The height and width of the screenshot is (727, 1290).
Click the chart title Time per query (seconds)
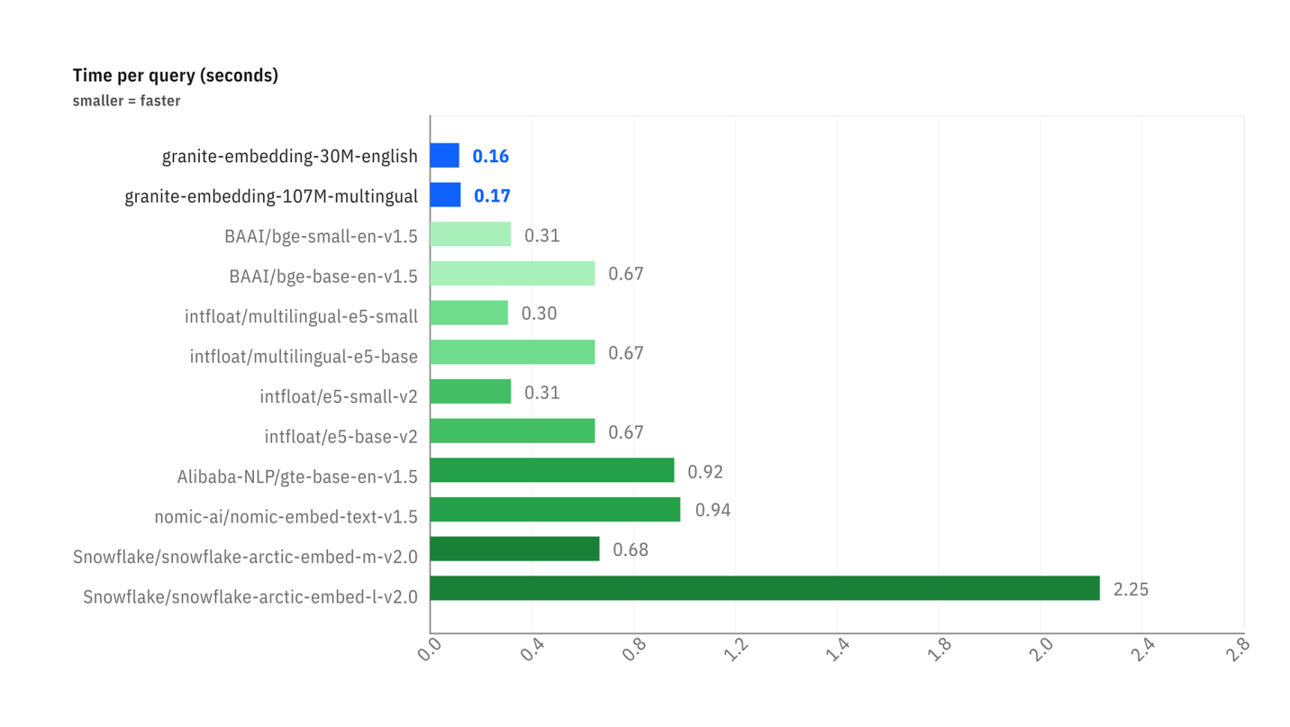coord(175,76)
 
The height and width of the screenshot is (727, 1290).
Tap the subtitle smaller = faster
coord(126,101)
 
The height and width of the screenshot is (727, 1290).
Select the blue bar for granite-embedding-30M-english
coord(444,156)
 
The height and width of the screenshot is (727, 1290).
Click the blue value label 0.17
coord(492,195)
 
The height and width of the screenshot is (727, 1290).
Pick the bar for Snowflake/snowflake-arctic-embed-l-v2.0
coord(764,588)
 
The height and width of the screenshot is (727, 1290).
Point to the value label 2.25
coord(1131,590)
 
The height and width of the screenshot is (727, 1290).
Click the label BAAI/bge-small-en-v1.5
coord(321,237)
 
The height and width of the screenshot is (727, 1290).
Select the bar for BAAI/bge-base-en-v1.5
coord(512,274)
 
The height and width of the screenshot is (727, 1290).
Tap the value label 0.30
coord(539,314)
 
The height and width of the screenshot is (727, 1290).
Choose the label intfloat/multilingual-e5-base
coord(304,357)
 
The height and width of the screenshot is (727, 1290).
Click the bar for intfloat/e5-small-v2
coord(470,392)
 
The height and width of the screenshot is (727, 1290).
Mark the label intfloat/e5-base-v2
coord(341,437)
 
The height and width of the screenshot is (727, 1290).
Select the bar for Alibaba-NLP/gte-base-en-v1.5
coord(551,470)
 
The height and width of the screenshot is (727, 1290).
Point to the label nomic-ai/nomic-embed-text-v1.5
coord(286,517)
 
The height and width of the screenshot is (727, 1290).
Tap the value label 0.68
coord(631,550)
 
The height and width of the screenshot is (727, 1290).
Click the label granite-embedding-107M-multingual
coord(270,196)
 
